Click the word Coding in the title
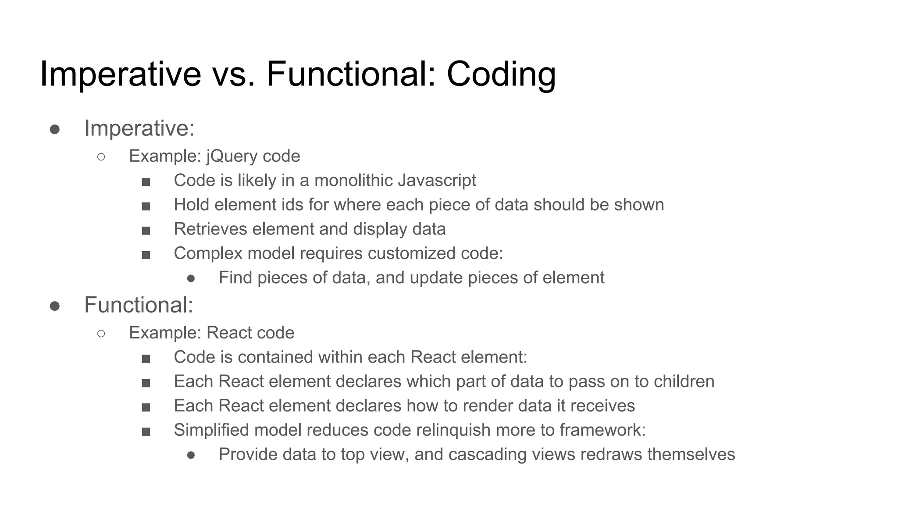pos(501,74)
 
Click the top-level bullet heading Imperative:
pos(139,128)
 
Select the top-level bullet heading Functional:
pos(139,305)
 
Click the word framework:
pos(602,430)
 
